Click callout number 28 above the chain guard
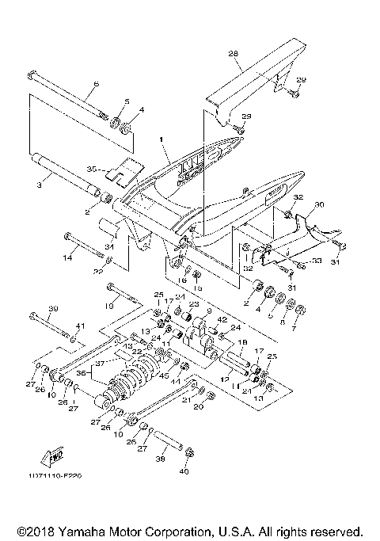click(x=234, y=54)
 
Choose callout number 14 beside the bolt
click(x=68, y=257)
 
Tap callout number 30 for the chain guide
click(x=320, y=204)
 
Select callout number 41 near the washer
click(x=78, y=326)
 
